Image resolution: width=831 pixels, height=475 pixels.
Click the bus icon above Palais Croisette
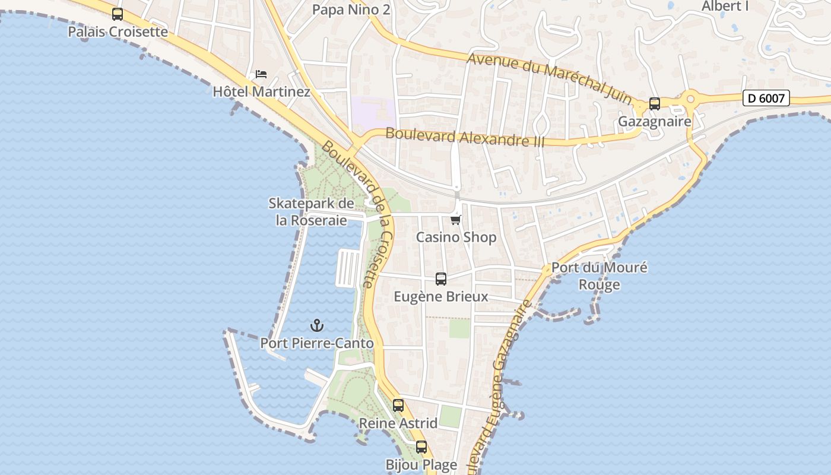point(118,14)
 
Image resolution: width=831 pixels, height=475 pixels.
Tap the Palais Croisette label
point(118,31)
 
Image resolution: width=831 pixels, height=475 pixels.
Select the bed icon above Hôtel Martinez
point(261,74)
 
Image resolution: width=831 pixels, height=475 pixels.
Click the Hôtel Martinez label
point(261,92)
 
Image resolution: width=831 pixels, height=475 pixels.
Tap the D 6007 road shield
point(766,98)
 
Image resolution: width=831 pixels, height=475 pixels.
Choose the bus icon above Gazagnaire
point(655,104)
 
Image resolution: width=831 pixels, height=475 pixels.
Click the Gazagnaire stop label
point(655,122)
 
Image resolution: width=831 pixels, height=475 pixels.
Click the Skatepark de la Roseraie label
point(311,212)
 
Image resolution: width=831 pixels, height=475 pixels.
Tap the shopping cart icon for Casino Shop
point(456,220)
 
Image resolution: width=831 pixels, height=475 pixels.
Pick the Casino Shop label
point(456,237)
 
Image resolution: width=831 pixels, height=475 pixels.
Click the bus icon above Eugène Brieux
point(441,279)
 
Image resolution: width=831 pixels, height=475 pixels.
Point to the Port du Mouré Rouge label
point(600,275)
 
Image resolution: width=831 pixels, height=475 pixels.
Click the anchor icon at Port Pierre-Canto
point(317,325)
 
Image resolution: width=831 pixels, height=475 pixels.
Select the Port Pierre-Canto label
point(317,343)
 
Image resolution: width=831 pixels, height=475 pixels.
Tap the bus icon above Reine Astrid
point(398,406)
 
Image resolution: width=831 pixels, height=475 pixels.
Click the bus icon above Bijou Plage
point(421,447)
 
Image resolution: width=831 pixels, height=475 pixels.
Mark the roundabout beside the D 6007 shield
point(690,98)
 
